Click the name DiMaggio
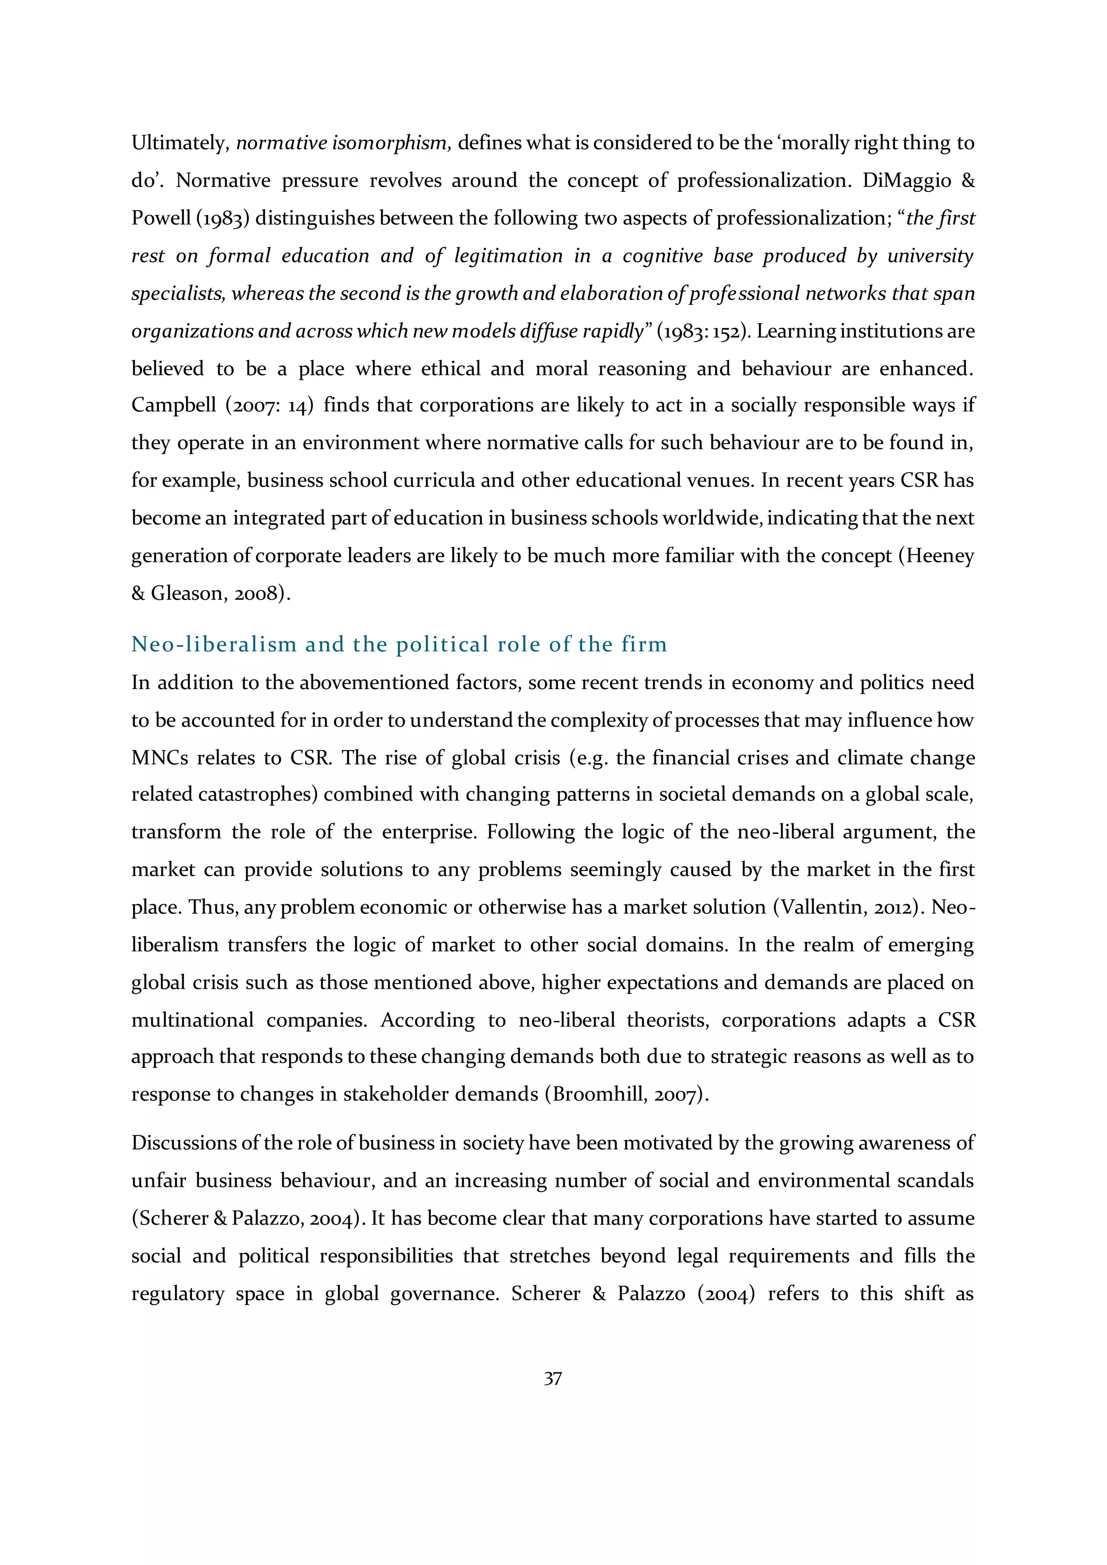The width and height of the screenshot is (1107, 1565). [911, 180]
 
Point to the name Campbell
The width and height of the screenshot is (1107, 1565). [172, 405]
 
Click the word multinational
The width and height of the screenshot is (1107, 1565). [192, 1020]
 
